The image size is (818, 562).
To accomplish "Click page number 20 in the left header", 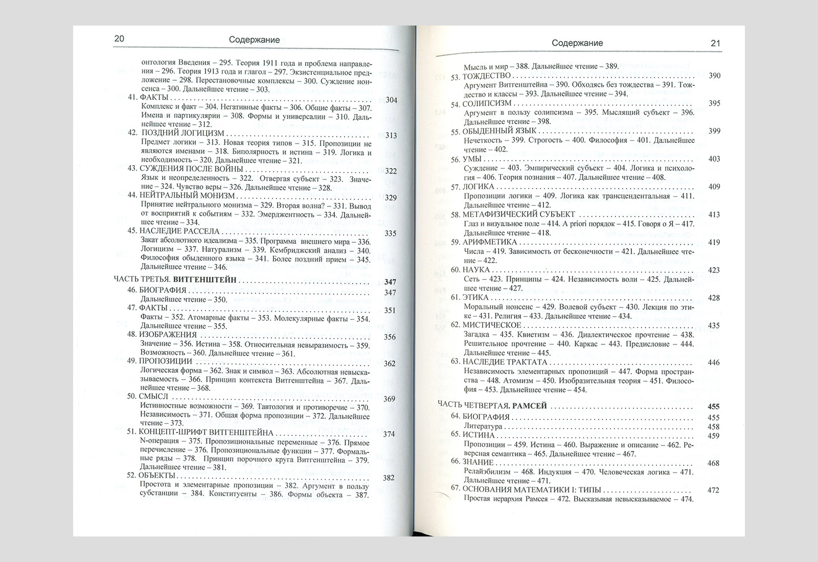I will pyautogui.click(x=119, y=39).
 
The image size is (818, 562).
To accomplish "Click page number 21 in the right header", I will pyautogui.click(x=715, y=43).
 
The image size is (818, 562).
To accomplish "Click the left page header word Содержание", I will pyautogui.click(x=254, y=40).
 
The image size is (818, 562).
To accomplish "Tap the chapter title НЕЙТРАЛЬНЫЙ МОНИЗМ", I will pyautogui.click(x=187, y=195).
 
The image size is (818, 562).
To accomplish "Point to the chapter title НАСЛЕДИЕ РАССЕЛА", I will pyautogui.click(x=179, y=231).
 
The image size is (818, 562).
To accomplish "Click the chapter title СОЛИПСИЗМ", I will pyautogui.click(x=487, y=104).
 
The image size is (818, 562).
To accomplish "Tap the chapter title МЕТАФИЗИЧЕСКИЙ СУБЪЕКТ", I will pyautogui.click(x=518, y=214).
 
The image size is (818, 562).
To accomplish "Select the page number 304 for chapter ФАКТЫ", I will pyautogui.click(x=391, y=100).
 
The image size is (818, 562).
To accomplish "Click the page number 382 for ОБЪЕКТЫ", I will pyautogui.click(x=389, y=478).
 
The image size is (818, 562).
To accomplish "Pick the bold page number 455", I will pyautogui.click(x=713, y=407).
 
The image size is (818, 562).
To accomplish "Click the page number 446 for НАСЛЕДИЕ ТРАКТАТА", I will pyautogui.click(x=714, y=363).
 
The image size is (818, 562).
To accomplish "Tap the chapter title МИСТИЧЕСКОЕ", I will pyautogui.click(x=492, y=325).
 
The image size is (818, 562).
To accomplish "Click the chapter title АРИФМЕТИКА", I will pyautogui.click(x=490, y=242).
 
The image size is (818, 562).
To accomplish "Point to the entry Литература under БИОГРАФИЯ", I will pyautogui.click(x=483, y=426).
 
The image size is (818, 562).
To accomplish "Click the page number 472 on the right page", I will pyautogui.click(x=713, y=490).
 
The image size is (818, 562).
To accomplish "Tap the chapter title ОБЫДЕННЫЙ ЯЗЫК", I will pyautogui.click(x=492, y=131).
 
